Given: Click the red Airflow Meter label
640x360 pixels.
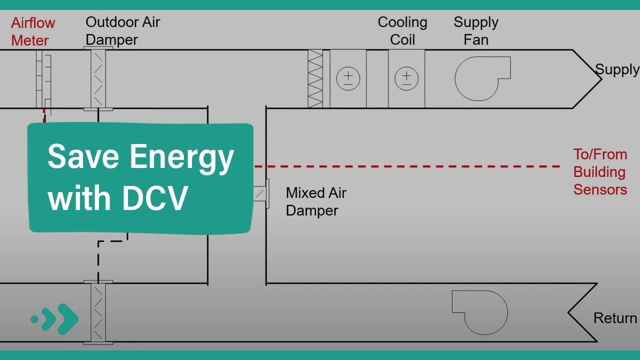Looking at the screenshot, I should point(33,31).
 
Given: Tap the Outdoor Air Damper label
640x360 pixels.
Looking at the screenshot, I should point(122,31).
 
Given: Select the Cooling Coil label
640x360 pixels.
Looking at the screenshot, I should point(402,31).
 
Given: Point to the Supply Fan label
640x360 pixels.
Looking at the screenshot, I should point(476,31).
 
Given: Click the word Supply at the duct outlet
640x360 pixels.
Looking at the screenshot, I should point(617,70).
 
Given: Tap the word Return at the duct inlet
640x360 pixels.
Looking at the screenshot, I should point(615,318).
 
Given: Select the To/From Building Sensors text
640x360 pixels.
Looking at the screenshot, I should point(600,172).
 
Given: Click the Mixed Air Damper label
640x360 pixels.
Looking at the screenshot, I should point(316,201).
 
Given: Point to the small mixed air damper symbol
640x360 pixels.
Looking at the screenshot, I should point(261,194).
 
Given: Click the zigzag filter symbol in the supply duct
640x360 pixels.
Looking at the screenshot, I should point(315,78).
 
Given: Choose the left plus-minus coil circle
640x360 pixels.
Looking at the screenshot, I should point(348,78).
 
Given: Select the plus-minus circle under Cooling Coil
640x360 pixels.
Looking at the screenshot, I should point(406,78).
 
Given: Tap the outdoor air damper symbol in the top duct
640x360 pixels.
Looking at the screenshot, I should point(98,78).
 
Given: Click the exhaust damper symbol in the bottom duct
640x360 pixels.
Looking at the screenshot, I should point(98,313).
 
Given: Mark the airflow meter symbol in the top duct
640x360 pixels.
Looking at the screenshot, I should point(43,78).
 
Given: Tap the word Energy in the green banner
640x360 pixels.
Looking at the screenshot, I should point(182,157).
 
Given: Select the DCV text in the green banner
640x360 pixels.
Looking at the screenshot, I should point(155,198).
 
